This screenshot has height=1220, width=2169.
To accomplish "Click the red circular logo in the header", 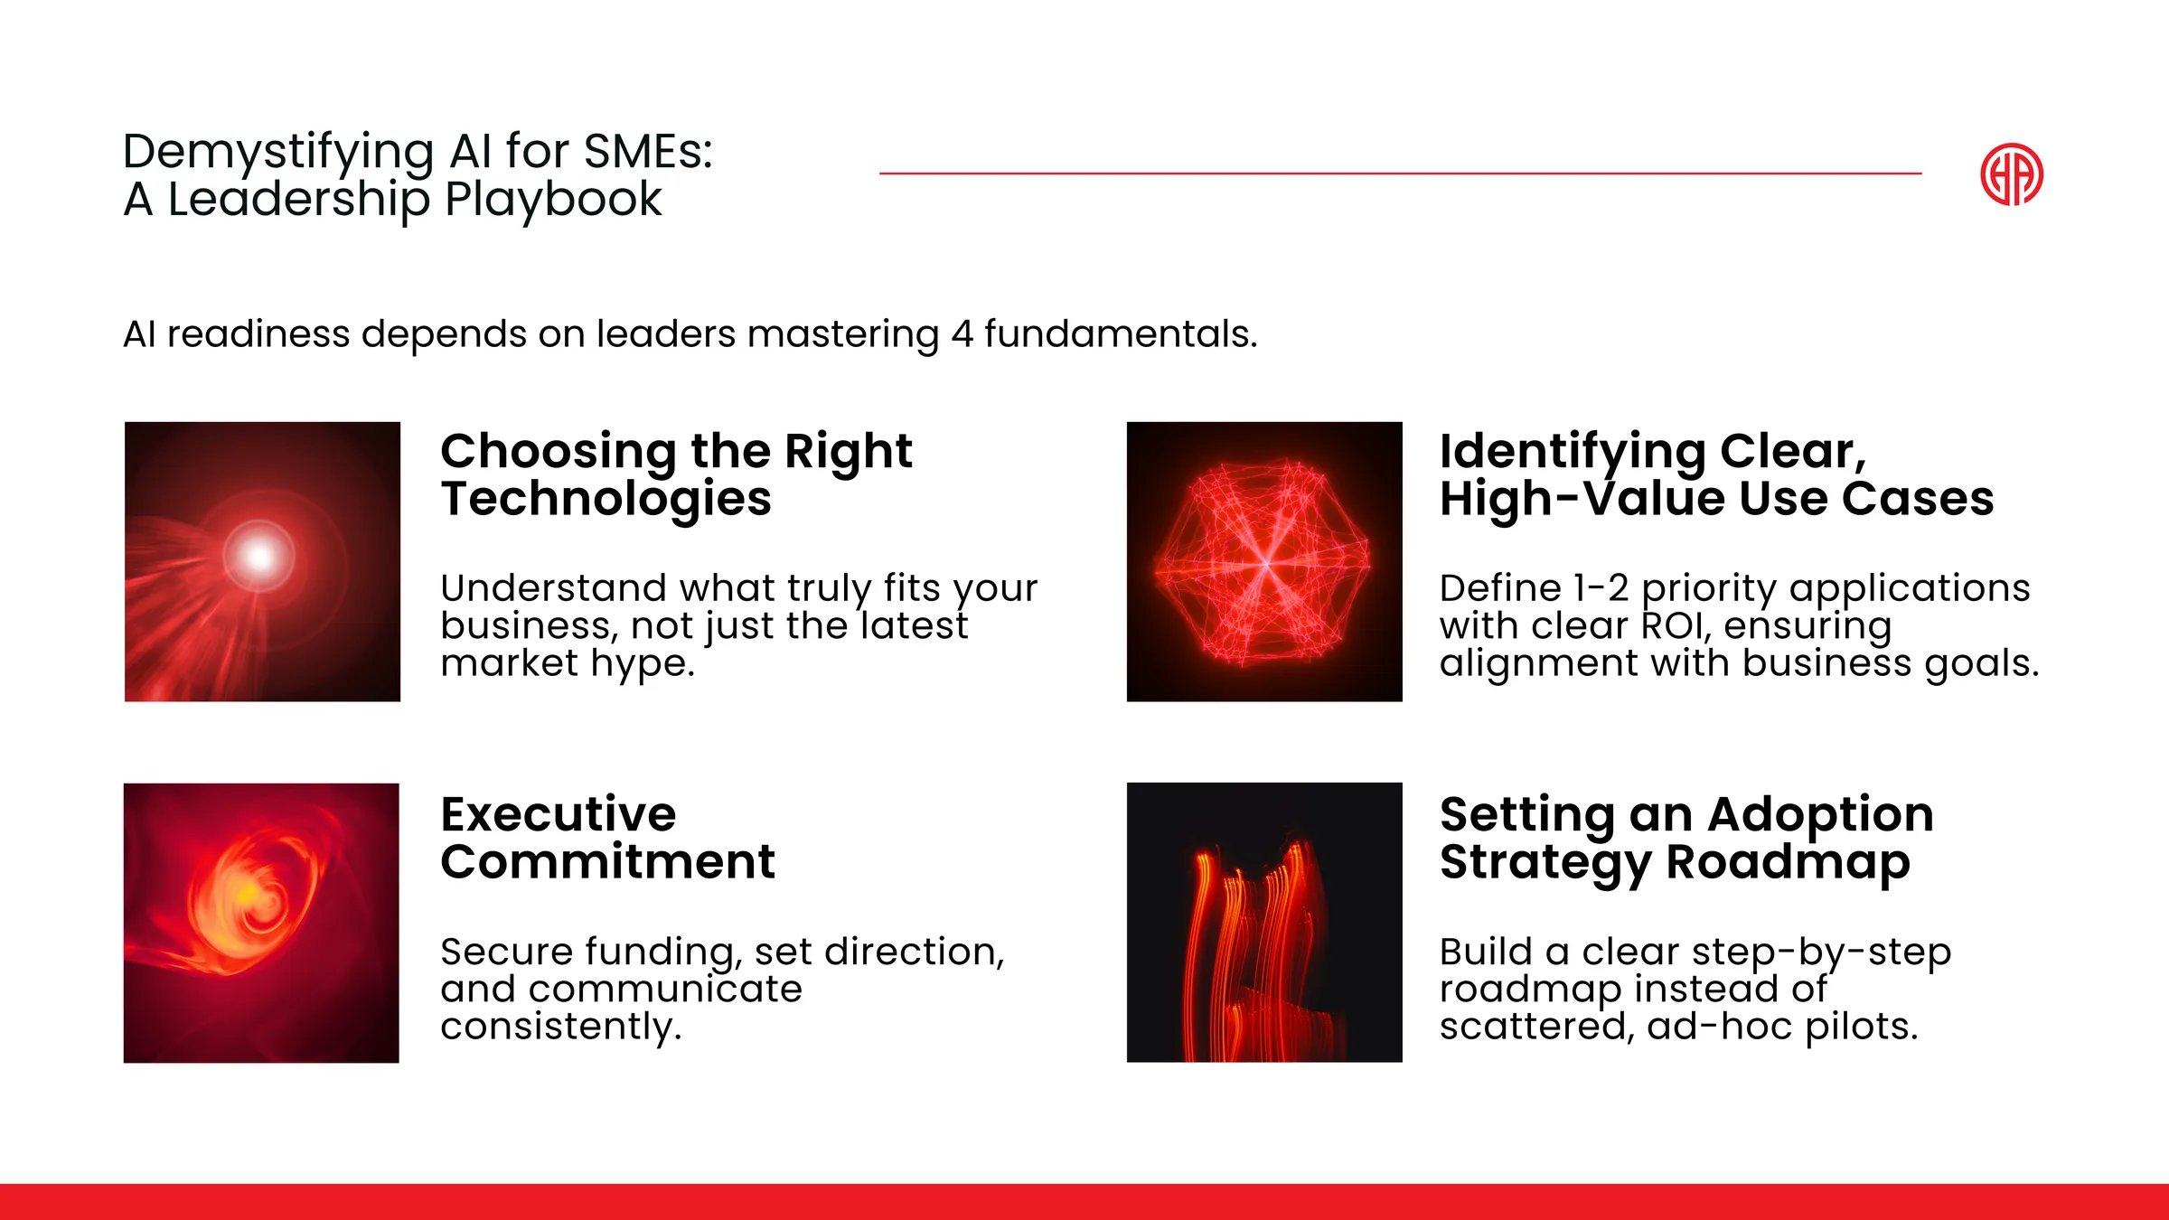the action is (x=2012, y=174).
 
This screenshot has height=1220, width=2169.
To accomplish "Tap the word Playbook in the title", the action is (x=553, y=200).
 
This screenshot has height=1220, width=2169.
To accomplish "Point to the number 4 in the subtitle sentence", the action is (x=962, y=334).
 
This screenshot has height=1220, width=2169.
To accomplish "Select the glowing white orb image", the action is (x=262, y=561).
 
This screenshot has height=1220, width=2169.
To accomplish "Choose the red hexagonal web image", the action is (x=1264, y=561).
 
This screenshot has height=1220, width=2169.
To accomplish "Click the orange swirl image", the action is (x=261, y=923).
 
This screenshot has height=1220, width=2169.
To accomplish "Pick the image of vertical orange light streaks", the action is (x=1264, y=923).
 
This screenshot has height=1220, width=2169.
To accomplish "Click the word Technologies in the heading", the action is (x=606, y=500).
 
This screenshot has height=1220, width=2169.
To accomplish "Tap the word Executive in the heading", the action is (x=559, y=814).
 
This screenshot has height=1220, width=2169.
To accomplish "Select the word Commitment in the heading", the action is (x=608, y=861).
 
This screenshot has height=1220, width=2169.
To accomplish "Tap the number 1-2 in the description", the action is (x=1601, y=588).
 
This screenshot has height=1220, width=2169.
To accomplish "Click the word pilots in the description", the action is (x=1862, y=1027).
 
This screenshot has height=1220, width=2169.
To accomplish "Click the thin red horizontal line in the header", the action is (x=1401, y=173).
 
